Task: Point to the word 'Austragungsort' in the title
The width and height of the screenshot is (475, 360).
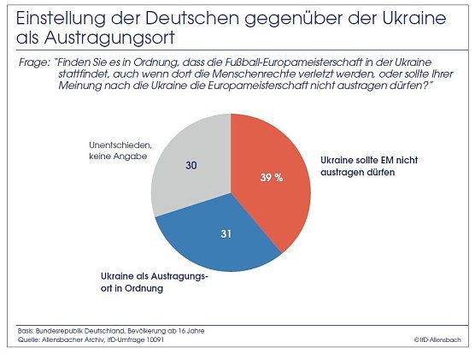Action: (x=94, y=38)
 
